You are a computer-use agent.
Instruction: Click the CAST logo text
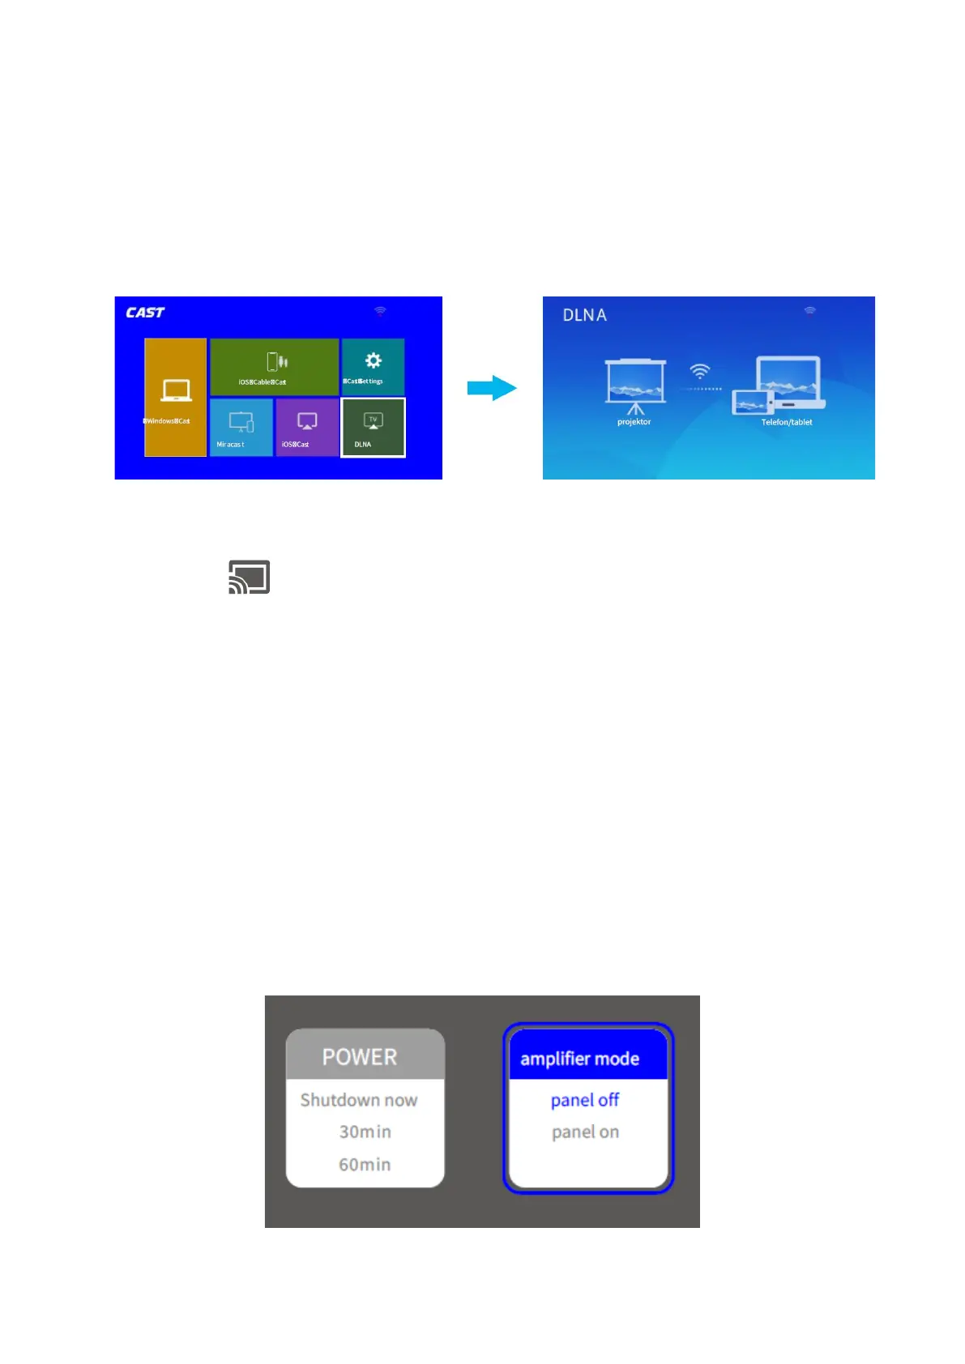pos(145,313)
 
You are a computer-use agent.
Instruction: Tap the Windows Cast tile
pos(175,398)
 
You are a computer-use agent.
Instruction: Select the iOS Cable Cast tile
pos(274,367)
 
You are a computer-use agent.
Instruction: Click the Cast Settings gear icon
pos(373,360)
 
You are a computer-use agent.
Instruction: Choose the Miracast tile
pos(241,428)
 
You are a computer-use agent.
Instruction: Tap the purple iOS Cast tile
pos(306,428)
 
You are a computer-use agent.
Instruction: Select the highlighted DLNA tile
pos(373,428)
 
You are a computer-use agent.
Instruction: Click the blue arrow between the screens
pos(492,388)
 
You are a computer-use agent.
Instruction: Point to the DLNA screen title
pos(584,315)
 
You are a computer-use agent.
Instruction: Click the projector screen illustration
pos(635,383)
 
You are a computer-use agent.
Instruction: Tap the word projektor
pos(634,422)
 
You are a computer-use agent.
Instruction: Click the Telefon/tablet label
pos(786,422)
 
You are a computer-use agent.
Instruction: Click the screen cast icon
pos(249,577)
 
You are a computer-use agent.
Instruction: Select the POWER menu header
pos(360,1057)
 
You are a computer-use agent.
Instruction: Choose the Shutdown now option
pos(359,1100)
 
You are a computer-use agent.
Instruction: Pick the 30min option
pos(365,1132)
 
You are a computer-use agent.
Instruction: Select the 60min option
pos(365,1164)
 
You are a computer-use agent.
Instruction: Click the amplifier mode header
pos(580,1059)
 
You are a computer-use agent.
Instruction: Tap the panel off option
pos(585,1100)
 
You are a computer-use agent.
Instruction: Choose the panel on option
pos(585,1132)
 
